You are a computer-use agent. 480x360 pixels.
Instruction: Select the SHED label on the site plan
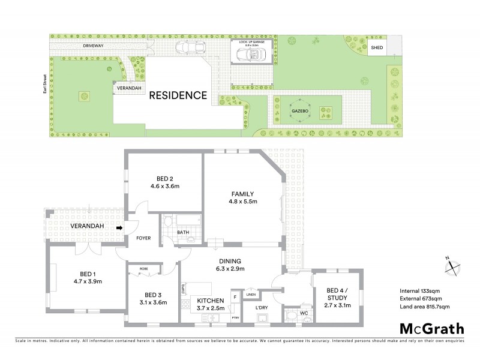point(377,47)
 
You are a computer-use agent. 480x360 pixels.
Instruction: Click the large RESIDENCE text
point(178,95)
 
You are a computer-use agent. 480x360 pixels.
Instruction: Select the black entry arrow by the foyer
point(120,228)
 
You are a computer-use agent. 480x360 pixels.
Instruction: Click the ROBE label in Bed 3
point(143,269)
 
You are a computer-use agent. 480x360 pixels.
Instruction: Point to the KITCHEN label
point(210,300)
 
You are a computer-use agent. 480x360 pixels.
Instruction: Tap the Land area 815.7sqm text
point(424,307)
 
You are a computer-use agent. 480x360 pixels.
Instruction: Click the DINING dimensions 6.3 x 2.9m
point(230,269)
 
